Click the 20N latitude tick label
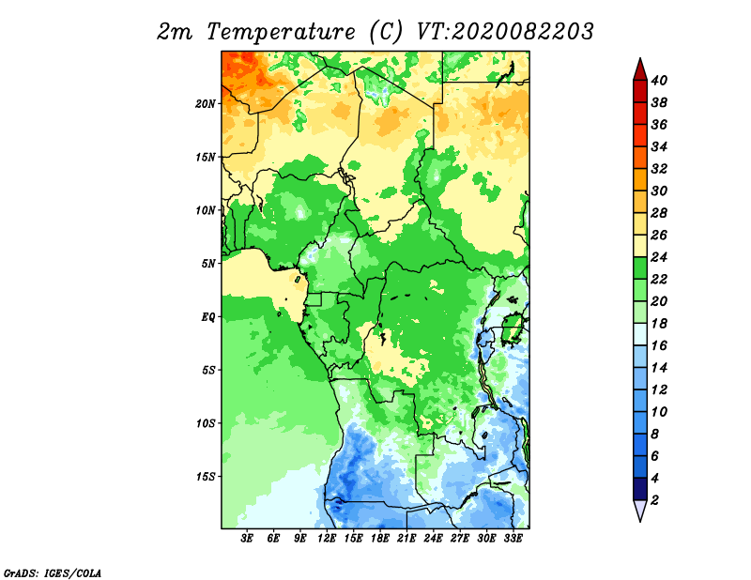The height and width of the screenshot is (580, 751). pos(206,104)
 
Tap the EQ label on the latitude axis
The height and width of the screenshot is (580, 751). pos(208,317)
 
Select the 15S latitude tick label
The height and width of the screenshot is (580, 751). pos(206,477)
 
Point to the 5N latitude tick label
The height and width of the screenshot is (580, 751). pos(208,264)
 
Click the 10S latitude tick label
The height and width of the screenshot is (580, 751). pos(206,423)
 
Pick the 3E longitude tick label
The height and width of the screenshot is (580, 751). pos(247,539)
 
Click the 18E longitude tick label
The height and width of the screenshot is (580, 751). pos(380,539)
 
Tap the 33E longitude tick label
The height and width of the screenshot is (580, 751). pos(513,539)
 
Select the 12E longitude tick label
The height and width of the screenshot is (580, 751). pos(327,539)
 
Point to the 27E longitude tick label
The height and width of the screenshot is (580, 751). pos(460,539)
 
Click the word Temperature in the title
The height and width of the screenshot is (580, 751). pos(281,33)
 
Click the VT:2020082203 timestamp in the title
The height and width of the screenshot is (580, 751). pos(505,32)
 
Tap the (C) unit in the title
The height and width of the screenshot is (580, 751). pos(386,32)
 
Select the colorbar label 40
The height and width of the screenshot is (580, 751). pos(659,81)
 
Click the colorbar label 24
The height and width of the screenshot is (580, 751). pos(659,257)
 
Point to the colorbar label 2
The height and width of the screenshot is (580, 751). pos(654,500)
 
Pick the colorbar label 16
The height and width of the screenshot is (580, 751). pos(659,345)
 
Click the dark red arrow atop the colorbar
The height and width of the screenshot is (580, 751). pos(640,69)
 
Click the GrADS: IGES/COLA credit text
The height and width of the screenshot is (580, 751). pos(53,573)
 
